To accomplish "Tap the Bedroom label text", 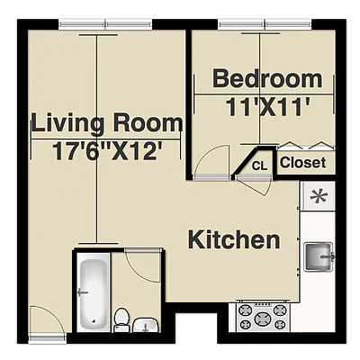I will [266, 79].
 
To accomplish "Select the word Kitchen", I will [233, 240].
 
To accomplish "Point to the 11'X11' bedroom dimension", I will [267, 104].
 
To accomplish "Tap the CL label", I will [259, 166].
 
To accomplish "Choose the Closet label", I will [303, 163].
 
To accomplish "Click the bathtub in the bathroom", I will [93, 292].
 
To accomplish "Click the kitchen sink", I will [319, 256].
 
